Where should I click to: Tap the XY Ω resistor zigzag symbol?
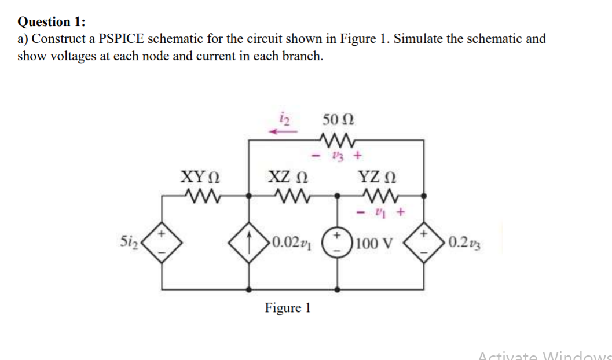(x=200, y=196)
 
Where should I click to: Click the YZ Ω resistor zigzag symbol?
(x=379, y=196)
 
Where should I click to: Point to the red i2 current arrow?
(x=283, y=132)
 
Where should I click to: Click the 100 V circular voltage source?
(x=338, y=242)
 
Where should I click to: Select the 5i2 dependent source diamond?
(x=163, y=242)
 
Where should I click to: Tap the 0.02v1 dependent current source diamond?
(x=250, y=242)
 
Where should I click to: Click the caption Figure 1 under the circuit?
(x=288, y=308)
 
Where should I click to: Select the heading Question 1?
(x=52, y=22)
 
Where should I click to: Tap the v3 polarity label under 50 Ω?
(x=339, y=155)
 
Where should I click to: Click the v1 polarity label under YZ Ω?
(x=379, y=213)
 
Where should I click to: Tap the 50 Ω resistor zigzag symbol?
(x=338, y=139)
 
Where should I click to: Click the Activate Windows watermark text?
(x=544, y=355)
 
